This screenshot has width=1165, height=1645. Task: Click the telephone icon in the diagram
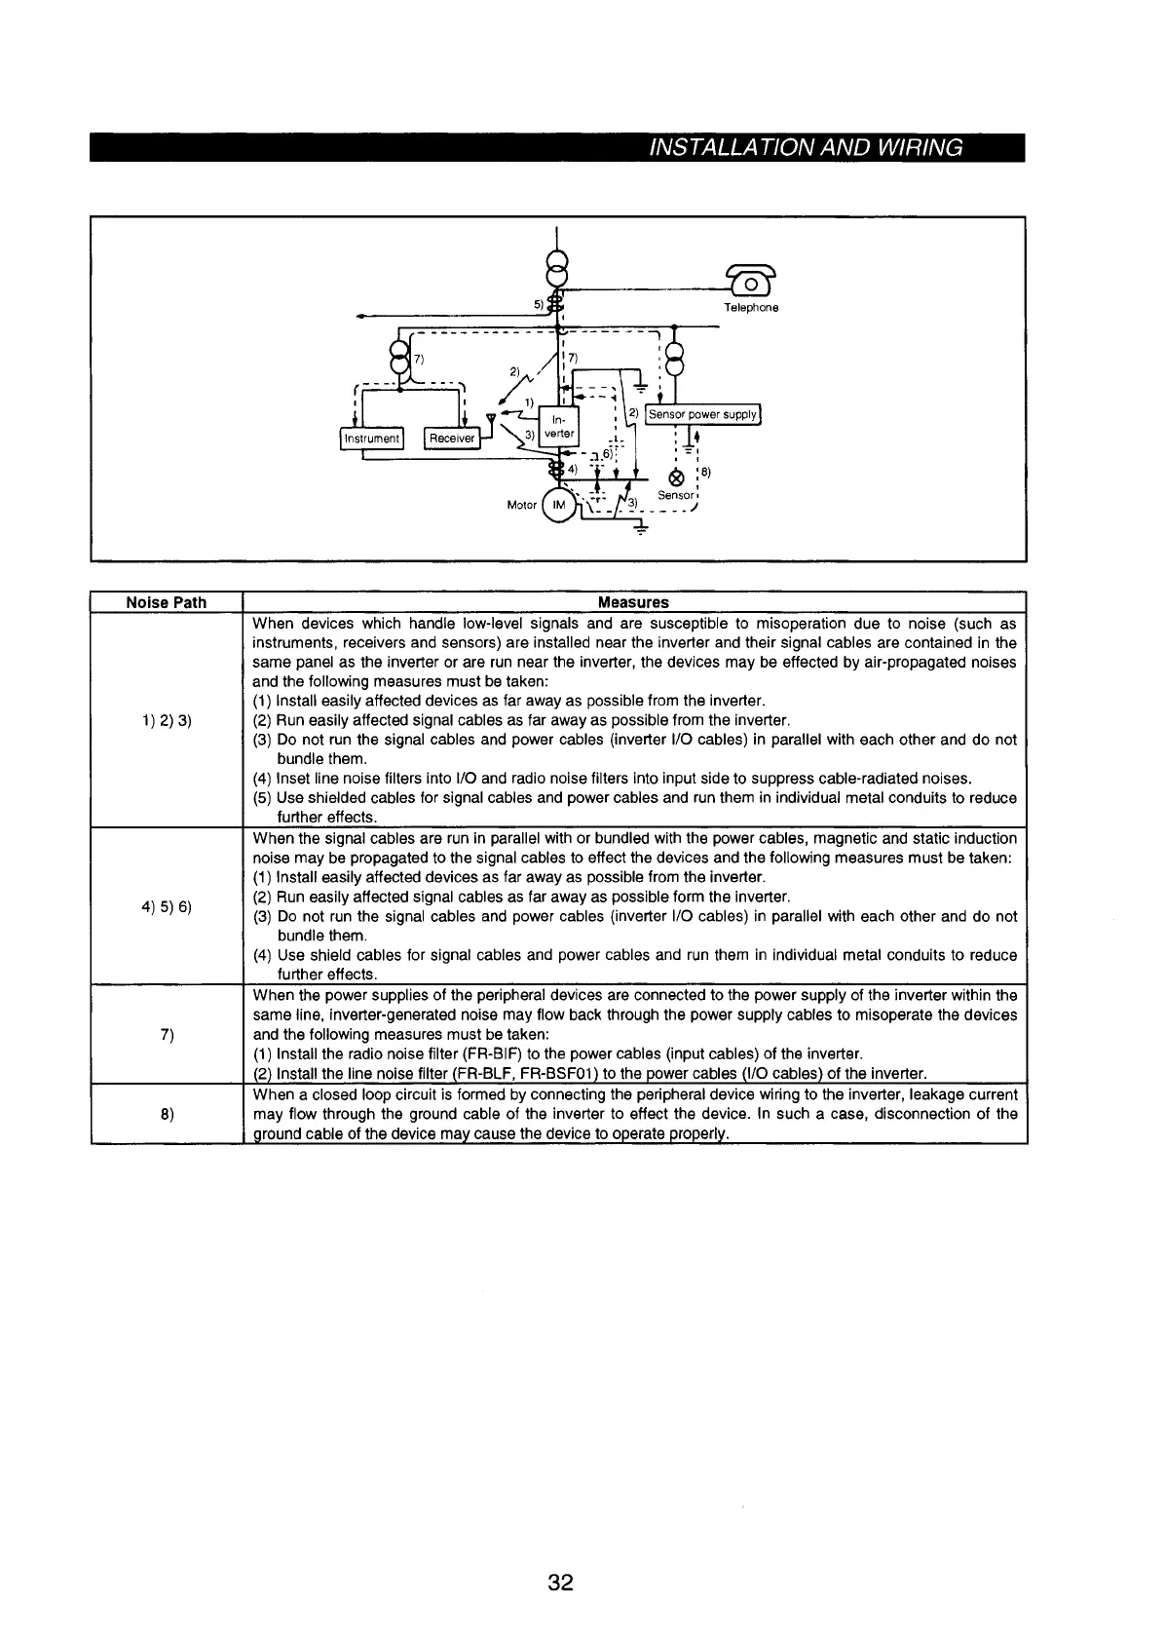click(752, 283)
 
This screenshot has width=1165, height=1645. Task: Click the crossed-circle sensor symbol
click(676, 478)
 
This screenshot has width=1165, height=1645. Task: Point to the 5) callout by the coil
click(539, 303)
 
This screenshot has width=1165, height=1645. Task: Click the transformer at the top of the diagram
click(556, 266)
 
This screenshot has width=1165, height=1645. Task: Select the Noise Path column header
click(167, 602)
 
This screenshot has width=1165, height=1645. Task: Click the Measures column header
click(633, 602)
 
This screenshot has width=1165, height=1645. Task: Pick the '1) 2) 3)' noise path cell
click(167, 720)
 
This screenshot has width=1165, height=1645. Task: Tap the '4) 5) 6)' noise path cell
click(167, 906)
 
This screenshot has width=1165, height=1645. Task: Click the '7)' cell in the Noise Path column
click(167, 1034)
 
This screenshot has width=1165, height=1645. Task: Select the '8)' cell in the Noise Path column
click(167, 1114)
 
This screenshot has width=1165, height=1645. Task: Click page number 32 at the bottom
click(561, 1582)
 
